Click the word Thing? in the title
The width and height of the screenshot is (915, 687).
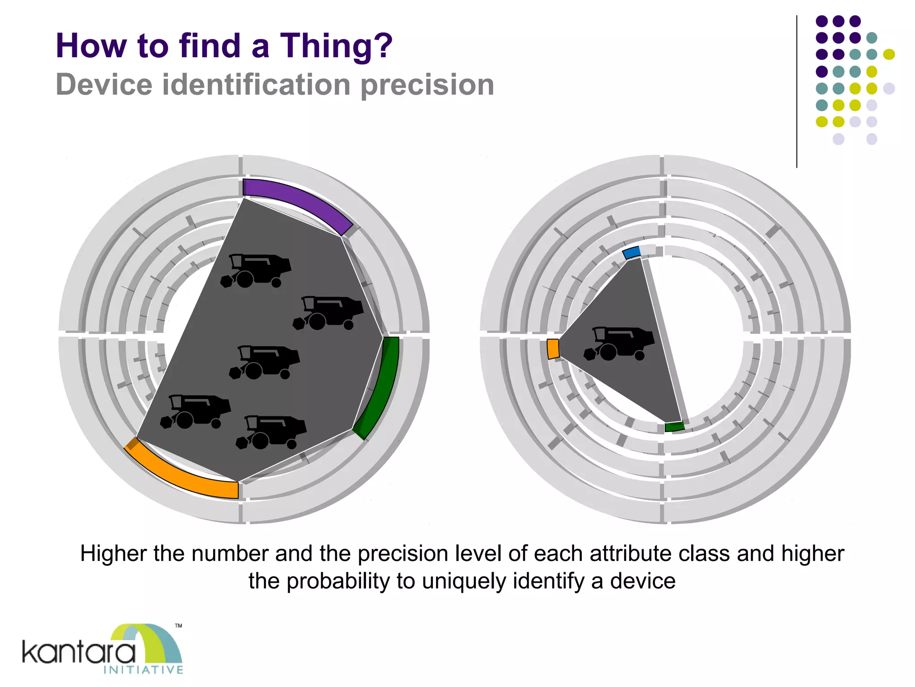[x=336, y=46]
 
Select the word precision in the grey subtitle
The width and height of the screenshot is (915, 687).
[x=427, y=85]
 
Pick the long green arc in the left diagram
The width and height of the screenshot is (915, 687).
[x=382, y=390]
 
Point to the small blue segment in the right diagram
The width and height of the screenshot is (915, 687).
[x=631, y=252]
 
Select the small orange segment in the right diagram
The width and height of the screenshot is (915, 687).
[x=553, y=349]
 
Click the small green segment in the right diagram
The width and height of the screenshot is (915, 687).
[x=674, y=427]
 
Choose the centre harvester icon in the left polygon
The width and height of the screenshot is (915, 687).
[x=264, y=362]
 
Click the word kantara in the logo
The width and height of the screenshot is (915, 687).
[x=79, y=653]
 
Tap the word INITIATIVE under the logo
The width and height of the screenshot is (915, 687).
[x=143, y=670]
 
